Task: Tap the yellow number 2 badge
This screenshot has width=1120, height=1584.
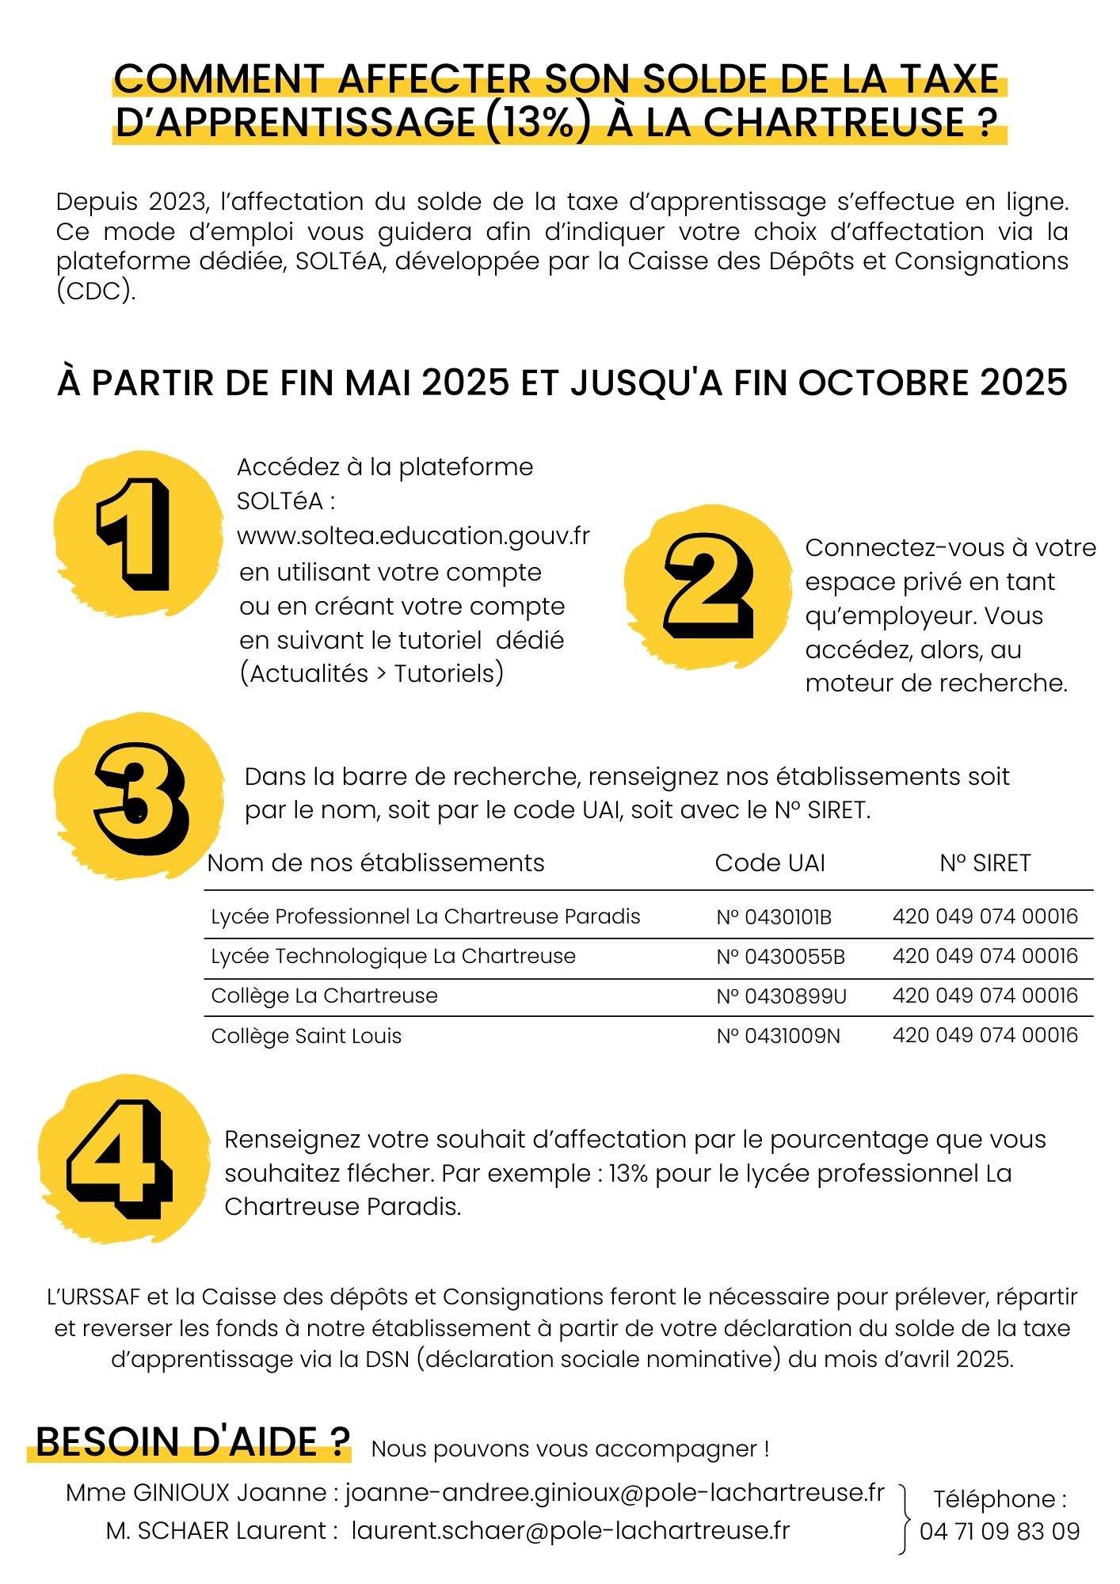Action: (x=707, y=586)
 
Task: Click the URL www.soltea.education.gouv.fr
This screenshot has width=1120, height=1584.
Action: (x=413, y=536)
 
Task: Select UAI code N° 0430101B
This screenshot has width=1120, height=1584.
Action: (x=774, y=917)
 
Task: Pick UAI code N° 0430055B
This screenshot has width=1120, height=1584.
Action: (x=780, y=957)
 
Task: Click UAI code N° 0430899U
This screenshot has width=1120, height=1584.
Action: (x=781, y=996)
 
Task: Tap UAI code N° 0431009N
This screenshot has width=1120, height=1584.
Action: (x=778, y=1036)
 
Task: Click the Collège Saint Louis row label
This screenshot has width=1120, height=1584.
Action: (x=306, y=1036)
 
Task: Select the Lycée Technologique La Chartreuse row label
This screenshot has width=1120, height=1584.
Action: (x=393, y=957)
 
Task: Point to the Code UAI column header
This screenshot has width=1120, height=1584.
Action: (x=770, y=863)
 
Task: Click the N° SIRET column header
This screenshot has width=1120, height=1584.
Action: (x=985, y=863)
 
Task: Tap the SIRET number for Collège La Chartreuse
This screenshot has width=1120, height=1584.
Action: (x=985, y=996)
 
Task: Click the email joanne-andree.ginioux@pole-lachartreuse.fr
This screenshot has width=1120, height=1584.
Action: (x=615, y=1493)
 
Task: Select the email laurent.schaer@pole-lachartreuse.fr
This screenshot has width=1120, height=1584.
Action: (x=570, y=1531)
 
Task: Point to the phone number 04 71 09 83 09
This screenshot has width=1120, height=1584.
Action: (x=1000, y=1532)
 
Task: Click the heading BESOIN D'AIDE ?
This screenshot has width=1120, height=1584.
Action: (x=192, y=1442)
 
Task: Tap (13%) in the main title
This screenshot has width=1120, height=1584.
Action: (x=537, y=122)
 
